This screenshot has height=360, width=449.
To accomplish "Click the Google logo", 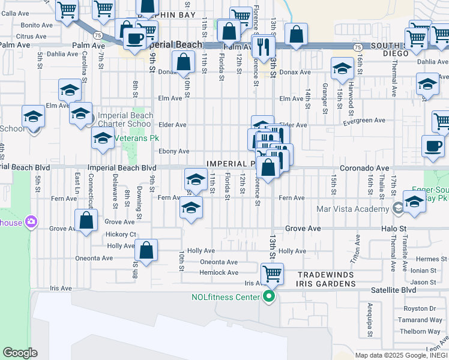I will click(x=20, y=353).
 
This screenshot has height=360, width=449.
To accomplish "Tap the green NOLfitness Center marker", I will click(x=269, y=296).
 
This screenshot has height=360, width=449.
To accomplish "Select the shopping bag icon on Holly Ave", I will click(x=146, y=250).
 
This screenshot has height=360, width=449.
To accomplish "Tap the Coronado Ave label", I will click(x=365, y=169).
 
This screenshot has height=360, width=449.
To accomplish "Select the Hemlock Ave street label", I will click(x=219, y=272).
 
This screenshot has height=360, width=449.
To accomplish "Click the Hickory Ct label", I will click(x=121, y=235).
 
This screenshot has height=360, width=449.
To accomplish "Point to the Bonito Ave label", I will click(x=37, y=25).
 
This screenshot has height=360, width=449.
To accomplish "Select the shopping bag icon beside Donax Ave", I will click(x=182, y=62).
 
